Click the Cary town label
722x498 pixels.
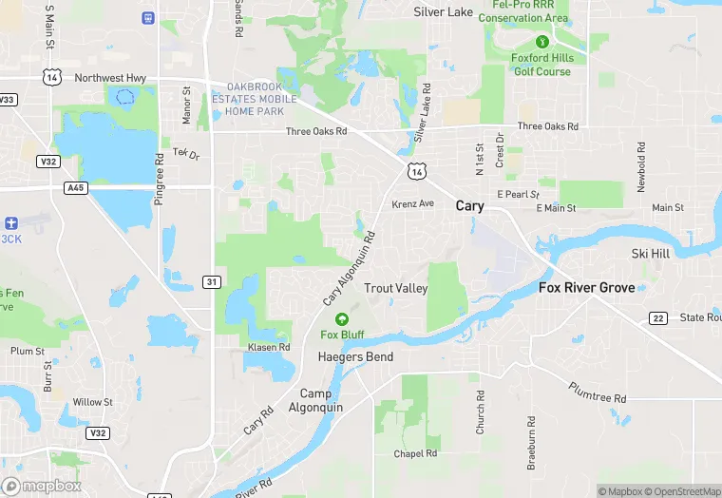point(469,205)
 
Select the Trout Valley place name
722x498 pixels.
point(396,288)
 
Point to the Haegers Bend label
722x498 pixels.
point(354,356)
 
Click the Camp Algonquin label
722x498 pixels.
point(315,400)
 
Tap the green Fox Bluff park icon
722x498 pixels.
point(342,318)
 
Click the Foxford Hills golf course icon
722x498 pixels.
point(541,42)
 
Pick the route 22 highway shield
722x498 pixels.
point(656,317)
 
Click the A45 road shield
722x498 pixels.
point(76,188)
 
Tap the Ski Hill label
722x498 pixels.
point(651,254)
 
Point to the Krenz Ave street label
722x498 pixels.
point(412,204)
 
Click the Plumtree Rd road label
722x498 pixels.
point(598,392)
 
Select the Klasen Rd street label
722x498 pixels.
point(269,347)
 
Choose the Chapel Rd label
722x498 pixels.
point(415,453)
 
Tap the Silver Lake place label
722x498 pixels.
point(443,12)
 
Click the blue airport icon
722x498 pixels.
point(10,221)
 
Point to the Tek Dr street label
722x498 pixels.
point(186,153)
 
